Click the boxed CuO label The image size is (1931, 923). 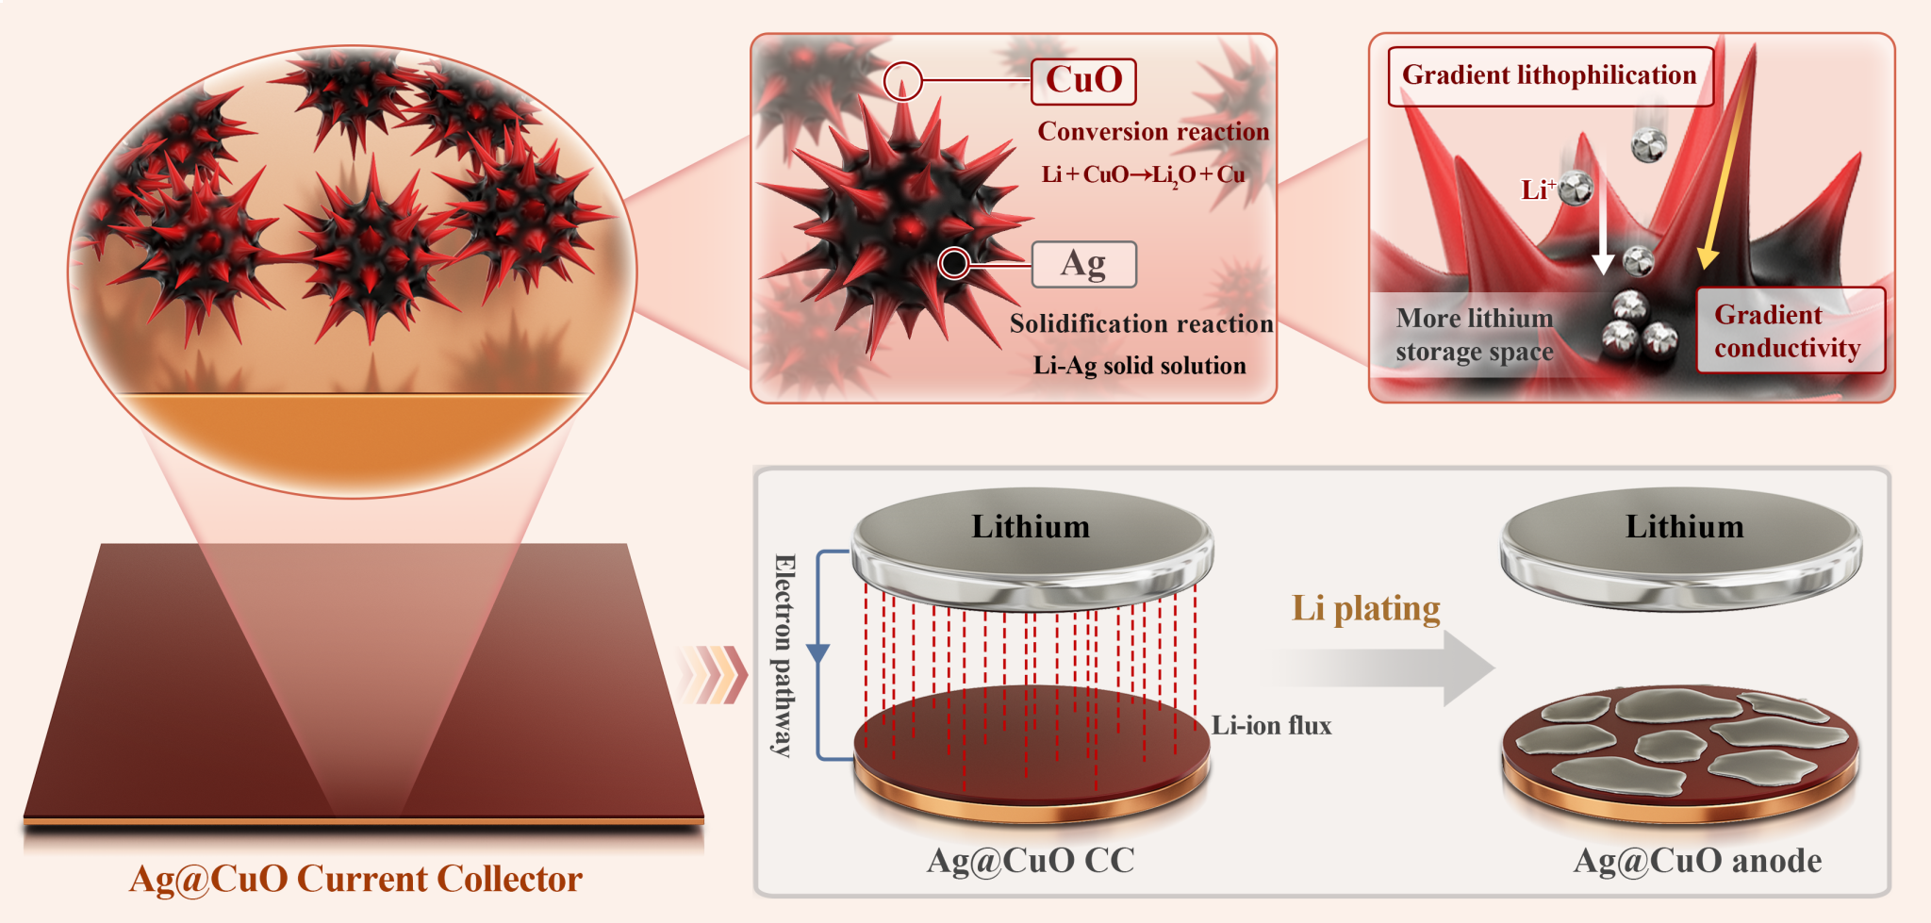tap(1083, 81)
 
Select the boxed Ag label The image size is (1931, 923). tap(1083, 265)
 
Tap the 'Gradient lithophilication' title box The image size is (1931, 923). tap(1549, 75)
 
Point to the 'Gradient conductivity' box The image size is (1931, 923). tap(1789, 331)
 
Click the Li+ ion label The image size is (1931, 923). tap(1537, 190)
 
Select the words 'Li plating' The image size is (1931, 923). tap(1365, 608)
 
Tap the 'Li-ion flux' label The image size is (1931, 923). tap(1271, 725)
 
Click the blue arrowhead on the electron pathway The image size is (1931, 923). tap(818, 652)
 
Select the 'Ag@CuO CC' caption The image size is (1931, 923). tap(1031, 860)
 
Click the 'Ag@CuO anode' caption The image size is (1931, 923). tap(1697, 860)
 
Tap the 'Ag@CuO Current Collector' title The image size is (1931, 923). tap(355, 879)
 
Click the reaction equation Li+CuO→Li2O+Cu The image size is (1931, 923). tap(1143, 174)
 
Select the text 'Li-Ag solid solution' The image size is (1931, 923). tap(1139, 366)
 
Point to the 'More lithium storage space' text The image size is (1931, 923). tap(1474, 335)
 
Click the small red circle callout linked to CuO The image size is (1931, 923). tap(902, 81)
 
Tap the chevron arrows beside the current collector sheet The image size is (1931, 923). tap(714, 675)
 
